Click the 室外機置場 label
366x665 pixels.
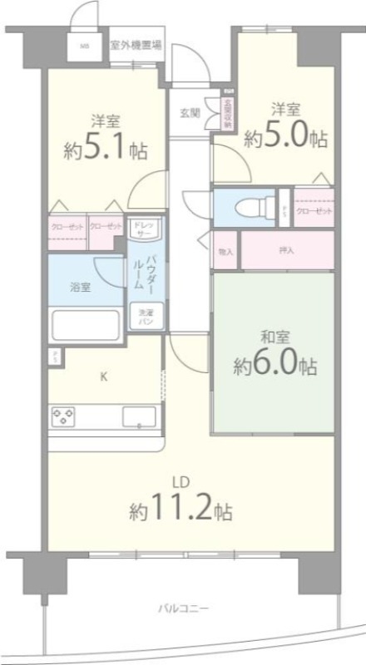pyautogui.click(x=136, y=45)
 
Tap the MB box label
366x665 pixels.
pyautogui.click(x=85, y=47)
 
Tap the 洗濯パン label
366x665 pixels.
pyautogui.click(x=145, y=317)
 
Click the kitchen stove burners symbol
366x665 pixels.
pyautogui.click(x=65, y=416)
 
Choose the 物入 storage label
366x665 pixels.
pyautogui.click(x=225, y=250)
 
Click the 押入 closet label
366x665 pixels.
pyautogui.click(x=286, y=250)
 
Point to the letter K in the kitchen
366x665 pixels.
pyautogui.click(x=104, y=377)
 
